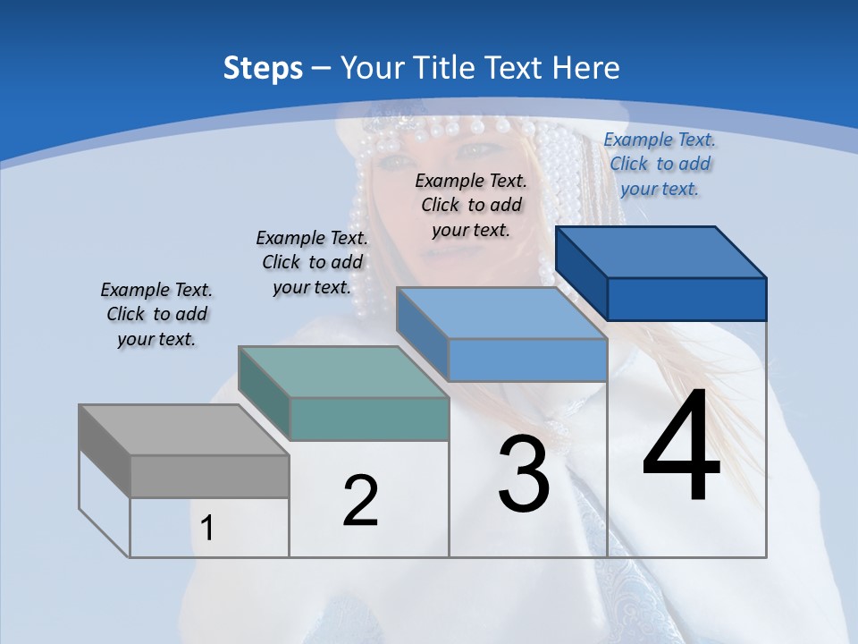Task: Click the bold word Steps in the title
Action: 263,68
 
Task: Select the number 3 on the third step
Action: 524,474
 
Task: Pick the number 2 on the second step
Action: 361,501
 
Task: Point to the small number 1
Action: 207,529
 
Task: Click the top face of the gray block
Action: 183,429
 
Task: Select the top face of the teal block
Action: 342,371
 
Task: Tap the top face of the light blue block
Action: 500,313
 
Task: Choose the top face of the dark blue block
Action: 661,251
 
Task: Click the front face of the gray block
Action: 209,476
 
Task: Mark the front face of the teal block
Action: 369,419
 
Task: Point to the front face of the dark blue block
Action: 686,299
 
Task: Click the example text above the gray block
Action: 156,315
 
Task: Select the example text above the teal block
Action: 312,263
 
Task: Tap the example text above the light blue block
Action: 471,206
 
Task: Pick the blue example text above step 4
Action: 660,165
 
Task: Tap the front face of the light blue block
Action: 527,360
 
